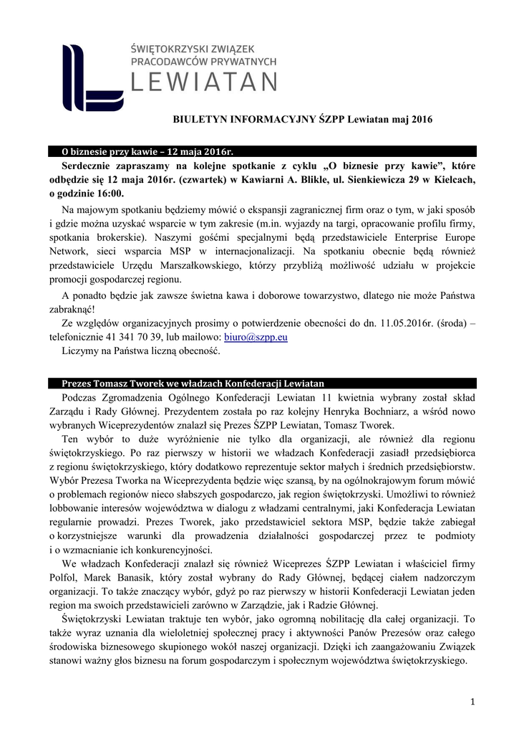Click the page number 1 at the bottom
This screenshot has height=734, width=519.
(x=473, y=701)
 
